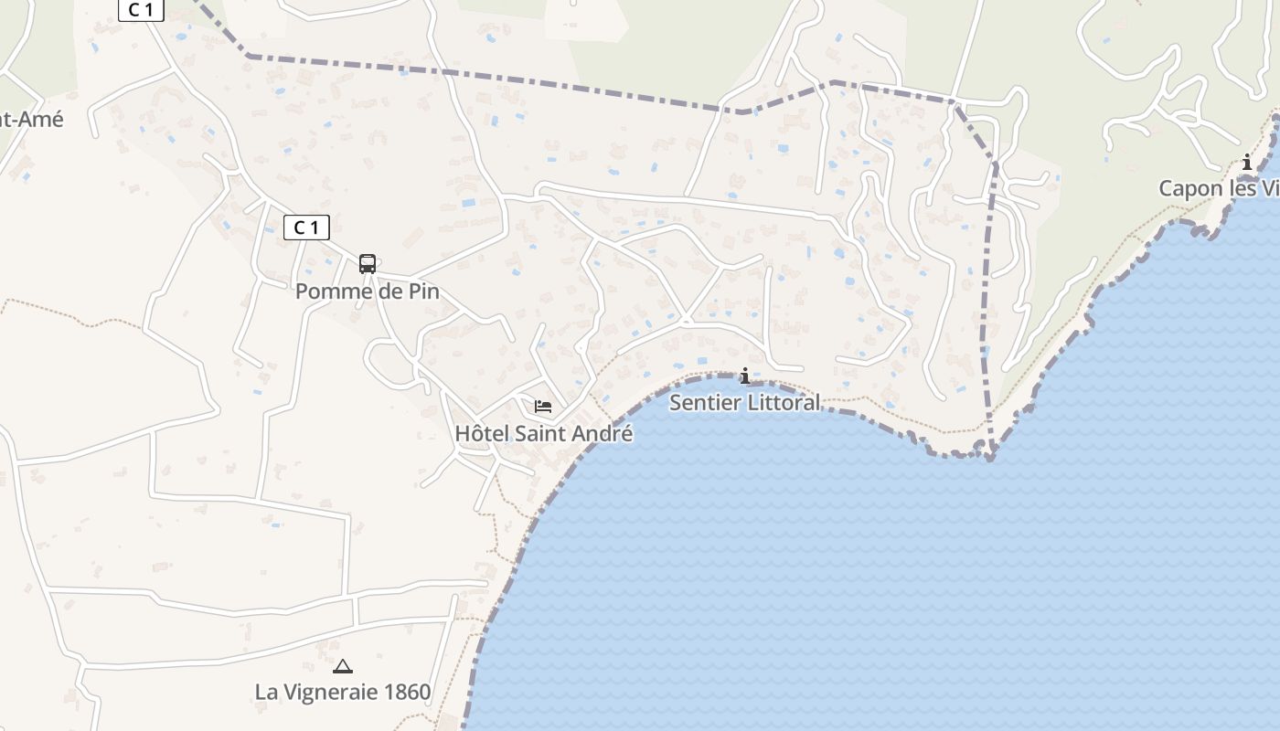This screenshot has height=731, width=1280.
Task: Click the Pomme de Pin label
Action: pyautogui.click(x=367, y=291)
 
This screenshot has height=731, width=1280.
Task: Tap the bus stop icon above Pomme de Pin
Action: pyautogui.click(x=367, y=264)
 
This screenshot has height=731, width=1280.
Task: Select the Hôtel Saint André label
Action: pyautogui.click(x=543, y=433)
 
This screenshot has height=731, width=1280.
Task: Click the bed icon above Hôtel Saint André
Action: pyautogui.click(x=543, y=407)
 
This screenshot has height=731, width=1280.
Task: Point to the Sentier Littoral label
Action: pyautogui.click(x=744, y=402)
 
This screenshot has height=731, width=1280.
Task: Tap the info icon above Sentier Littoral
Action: pyautogui.click(x=745, y=376)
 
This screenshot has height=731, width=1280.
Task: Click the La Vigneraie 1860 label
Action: pyautogui.click(x=343, y=692)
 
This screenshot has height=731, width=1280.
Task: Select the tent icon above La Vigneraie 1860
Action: pyautogui.click(x=343, y=667)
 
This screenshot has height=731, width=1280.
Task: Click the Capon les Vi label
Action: pyautogui.click(x=1218, y=188)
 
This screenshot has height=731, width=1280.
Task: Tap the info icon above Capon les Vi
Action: pyautogui.click(x=1247, y=163)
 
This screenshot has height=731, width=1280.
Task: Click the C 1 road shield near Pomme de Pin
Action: pyautogui.click(x=306, y=228)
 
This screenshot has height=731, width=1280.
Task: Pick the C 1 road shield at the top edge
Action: pyautogui.click(x=141, y=9)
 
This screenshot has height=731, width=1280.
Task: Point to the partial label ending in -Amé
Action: pyautogui.click(x=31, y=118)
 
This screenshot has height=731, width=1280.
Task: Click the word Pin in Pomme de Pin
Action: pyautogui.click(x=423, y=291)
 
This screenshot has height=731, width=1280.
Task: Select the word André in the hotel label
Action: pyautogui.click(x=603, y=433)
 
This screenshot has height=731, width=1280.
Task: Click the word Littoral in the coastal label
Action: pyautogui.click(x=782, y=402)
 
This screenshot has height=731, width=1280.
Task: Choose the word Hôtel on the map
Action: pyautogui.click(x=482, y=433)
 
